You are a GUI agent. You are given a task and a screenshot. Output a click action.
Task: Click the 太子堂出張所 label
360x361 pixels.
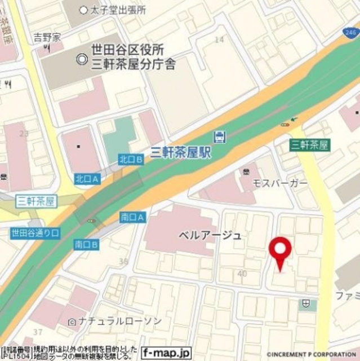tap(117, 10)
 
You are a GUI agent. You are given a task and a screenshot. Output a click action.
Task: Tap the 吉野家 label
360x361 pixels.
tap(47, 37)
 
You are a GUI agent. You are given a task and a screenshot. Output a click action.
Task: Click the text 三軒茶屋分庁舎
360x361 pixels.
tap(133, 64)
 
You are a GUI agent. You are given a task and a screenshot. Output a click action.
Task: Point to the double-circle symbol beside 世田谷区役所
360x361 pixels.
tap(82, 57)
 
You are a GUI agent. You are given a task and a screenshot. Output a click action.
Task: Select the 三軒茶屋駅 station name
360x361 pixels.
tap(181, 152)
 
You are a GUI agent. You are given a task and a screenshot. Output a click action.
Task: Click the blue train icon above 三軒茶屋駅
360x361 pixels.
tap(219, 136)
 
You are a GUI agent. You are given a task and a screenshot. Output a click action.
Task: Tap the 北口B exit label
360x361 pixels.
tap(131, 160)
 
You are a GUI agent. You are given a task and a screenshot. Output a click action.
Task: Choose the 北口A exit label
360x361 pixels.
tap(87, 179)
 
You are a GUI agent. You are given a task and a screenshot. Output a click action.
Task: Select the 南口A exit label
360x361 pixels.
tap(133, 217)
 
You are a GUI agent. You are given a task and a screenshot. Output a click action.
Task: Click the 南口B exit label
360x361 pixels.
tap(86, 245)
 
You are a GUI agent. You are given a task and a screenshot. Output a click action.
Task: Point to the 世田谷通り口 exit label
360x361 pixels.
tap(34, 232)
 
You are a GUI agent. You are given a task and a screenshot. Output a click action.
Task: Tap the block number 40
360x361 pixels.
tap(243, 274)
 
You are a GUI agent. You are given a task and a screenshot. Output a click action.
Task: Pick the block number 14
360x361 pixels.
tap(219, 39)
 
